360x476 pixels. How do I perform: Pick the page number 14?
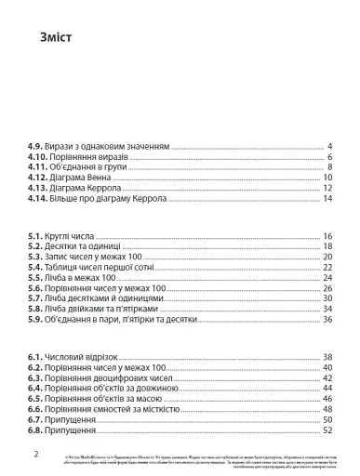pyautogui.click(x=327, y=200)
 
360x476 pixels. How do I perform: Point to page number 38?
pyautogui.click(x=327, y=357)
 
